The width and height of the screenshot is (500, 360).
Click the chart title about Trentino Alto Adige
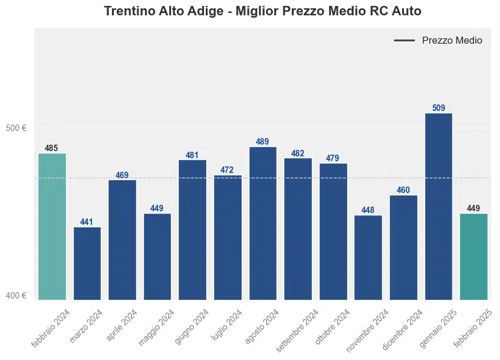pos(262,11)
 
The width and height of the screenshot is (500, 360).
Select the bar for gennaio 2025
pos(439,206)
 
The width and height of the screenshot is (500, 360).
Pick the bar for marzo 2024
pos(87,263)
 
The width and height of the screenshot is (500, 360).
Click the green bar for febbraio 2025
pos(474,256)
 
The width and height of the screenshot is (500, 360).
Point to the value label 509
pos(439,108)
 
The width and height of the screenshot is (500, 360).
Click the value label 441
pos(87,222)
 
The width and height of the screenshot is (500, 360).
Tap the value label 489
pos(262,142)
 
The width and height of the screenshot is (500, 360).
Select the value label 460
pos(403,190)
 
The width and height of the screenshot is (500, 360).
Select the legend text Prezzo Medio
pos(452,41)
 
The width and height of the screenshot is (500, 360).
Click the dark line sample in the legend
pos(404,41)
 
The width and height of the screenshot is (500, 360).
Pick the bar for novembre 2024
pos(369,257)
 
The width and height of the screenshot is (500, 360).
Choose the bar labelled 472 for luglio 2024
pos(228,237)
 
